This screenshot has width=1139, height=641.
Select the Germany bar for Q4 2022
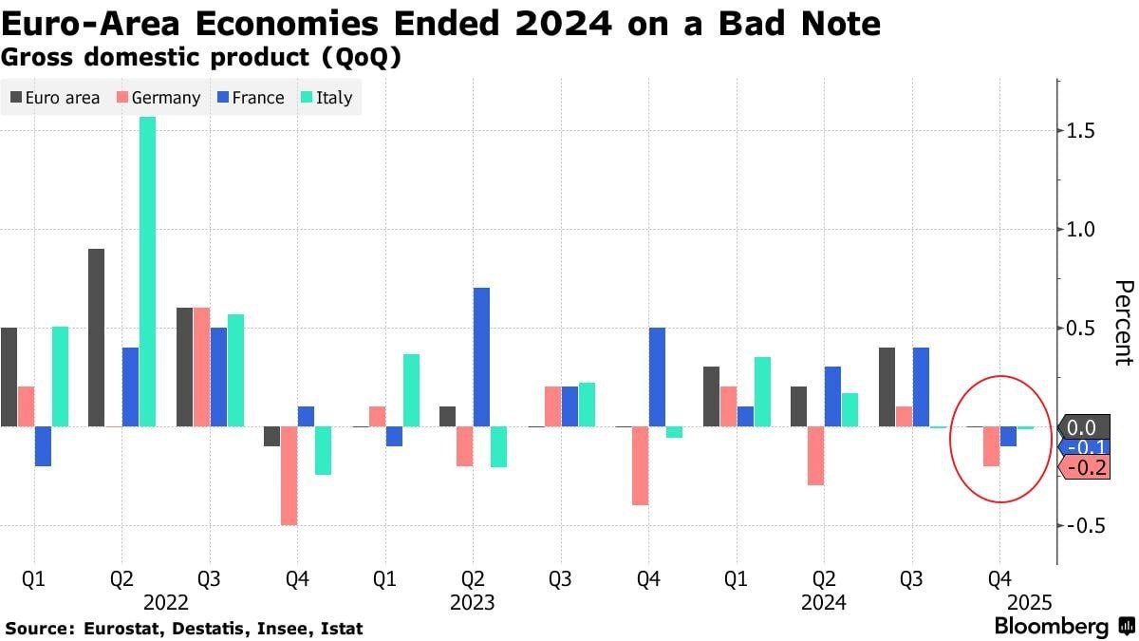coord(289,476)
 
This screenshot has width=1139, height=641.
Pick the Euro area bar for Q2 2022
coord(96,337)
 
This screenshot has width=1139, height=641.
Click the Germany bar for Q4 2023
coord(640,465)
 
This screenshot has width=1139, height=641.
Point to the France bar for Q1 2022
coord(43,446)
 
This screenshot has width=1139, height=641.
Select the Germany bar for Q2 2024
coord(814,456)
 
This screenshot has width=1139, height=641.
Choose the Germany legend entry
coord(158,98)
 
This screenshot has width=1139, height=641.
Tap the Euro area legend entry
coord(54,98)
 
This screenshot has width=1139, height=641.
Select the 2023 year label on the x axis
coord(473,602)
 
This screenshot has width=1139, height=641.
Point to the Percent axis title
coord(1123,323)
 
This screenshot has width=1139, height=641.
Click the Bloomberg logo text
coord(1051,627)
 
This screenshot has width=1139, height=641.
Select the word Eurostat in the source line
coord(119,629)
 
